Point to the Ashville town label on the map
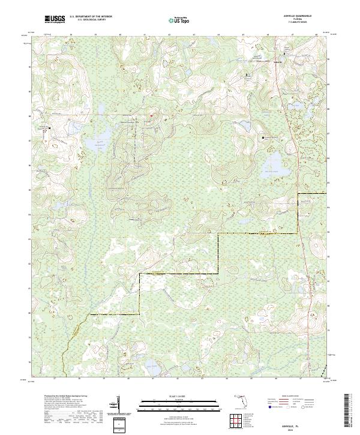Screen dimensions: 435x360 tap(277, 62)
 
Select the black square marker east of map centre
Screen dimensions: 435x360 tap(263, 137)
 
